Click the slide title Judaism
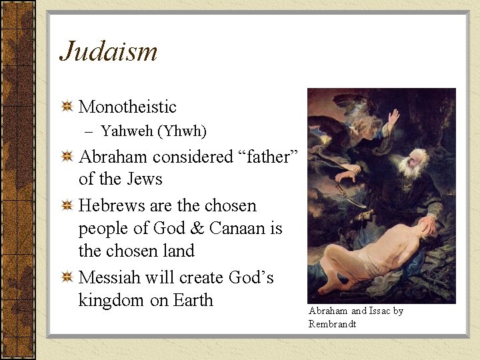point(109,52)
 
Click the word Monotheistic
point(127,107)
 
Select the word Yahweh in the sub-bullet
point(126,131)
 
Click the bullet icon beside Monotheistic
point(67,107)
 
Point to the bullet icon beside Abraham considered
point(67,157)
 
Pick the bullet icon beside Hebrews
point(67,206)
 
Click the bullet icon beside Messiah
point(67,278)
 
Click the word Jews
point(145,179)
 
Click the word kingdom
point(111,301)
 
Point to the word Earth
point(193,300)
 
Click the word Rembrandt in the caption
point(333,324)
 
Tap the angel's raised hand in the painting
point(393,118)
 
